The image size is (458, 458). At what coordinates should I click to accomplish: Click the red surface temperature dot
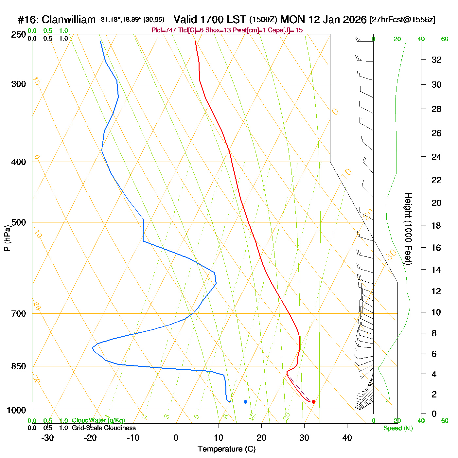[x=313, y=402]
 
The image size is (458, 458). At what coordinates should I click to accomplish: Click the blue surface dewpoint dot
[x=245, y=402]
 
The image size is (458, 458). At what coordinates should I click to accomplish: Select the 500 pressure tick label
[x=19, y=222]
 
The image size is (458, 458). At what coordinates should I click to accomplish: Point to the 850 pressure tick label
[x=19, y=366]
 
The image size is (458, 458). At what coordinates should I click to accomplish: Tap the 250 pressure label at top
[x=19, y=35]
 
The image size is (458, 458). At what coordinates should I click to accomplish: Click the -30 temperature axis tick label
[x=47, y=438]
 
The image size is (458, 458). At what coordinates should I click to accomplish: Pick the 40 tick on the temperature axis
[x=347, y=438]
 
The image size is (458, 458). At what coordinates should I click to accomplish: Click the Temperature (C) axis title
[x=226, y=449]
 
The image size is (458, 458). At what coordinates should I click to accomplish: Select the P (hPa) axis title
[x=7, y=238]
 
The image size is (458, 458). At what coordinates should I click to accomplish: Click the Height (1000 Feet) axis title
[x=408, y=229]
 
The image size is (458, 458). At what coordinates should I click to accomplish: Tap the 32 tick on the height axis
[x=436, y=60]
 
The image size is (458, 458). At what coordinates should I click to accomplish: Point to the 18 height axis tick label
[x=436, y=225]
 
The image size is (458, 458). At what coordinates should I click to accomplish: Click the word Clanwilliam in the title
[x=69, y=20]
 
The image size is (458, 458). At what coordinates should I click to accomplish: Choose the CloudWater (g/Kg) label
[x=98, y=420]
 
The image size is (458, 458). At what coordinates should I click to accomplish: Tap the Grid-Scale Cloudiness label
[x=104, y=428]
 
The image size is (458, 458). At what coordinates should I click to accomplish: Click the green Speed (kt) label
[x=398, y=428]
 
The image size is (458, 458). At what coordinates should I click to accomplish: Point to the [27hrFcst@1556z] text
[x=402, y=20]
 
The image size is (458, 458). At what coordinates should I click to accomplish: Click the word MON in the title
[x=293, y=20]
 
